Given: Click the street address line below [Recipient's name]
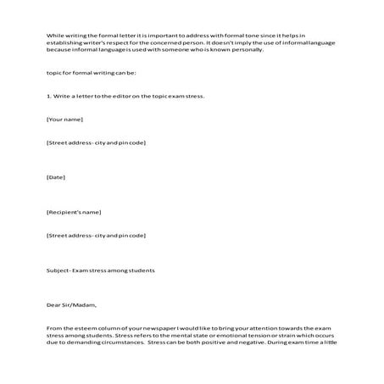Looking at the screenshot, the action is point(97,234).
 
